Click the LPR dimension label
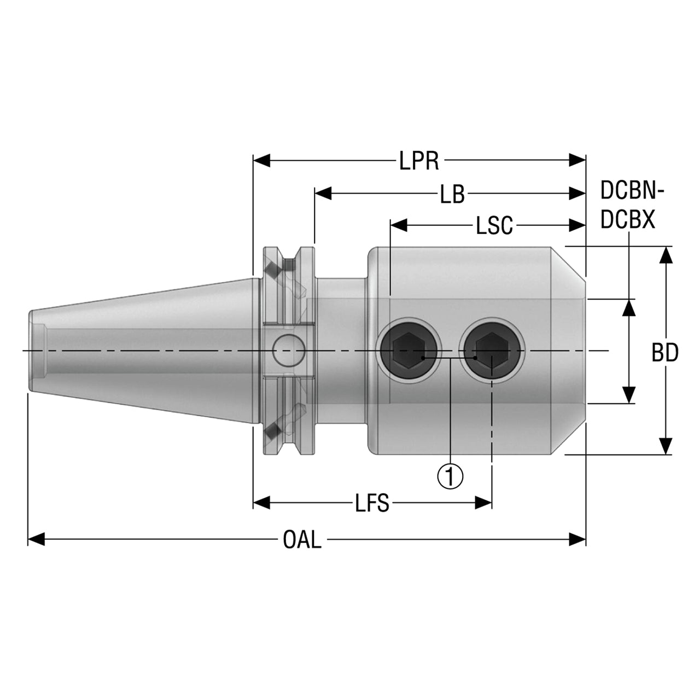(419, 161)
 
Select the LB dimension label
(452, 194)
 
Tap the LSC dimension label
(494, 225)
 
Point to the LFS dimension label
(372, 503)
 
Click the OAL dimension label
(302, 539)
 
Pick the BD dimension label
(665, 353)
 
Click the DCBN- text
(632, 190)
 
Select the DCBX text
(628, 219)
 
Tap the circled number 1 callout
(450, 476)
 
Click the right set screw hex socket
(492, 351)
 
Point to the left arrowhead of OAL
(36, 539)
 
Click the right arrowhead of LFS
(483, 503)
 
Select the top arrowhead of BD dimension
(666, 255)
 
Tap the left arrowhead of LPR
(261, 160)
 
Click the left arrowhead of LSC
(399, 225)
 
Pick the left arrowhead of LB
(323, 194)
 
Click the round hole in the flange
(288, 351)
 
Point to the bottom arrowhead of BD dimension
(666, 446)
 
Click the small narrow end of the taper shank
(31, 351)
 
